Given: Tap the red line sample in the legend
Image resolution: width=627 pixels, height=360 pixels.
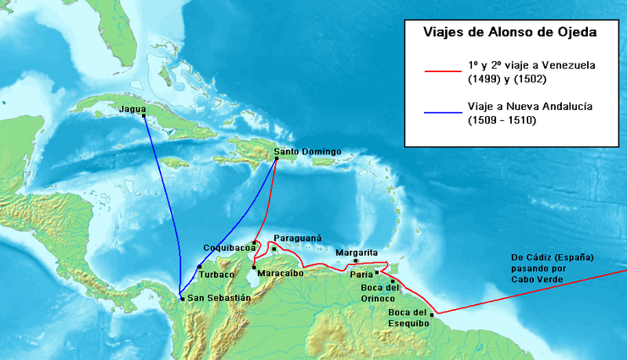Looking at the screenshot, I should pos(444,71).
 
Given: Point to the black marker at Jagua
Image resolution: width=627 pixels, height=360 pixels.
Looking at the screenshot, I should pos(143,116).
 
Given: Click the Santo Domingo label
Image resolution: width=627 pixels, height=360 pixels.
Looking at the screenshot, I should pos(308,151).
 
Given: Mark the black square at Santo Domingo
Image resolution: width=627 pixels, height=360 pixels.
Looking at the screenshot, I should pos(277,159).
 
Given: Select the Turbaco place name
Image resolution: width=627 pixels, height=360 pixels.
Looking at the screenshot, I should pos(216,275).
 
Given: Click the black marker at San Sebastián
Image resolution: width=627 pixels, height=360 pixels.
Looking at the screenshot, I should pos(182,299).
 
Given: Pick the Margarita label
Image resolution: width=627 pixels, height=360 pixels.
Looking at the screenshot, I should pos(357,253).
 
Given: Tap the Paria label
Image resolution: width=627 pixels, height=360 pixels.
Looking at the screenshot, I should pos(361,275).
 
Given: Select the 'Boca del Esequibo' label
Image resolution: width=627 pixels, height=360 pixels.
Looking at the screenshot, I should pos(409,318).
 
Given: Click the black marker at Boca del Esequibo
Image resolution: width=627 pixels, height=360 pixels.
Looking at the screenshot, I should pos(432,315).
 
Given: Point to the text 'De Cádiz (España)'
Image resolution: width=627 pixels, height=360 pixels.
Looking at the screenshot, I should pos(553,257).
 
